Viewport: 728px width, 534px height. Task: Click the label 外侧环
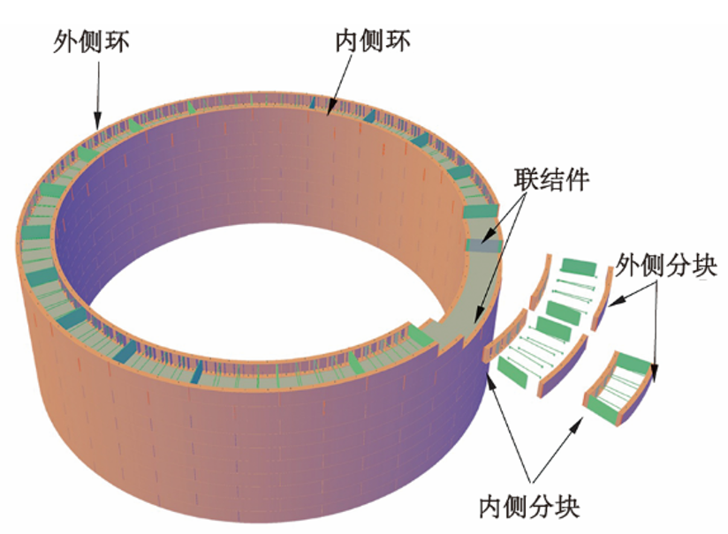pyautogui.click(x=92, y=42)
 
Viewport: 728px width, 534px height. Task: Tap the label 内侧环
pyautogui.click(x=374, y=41)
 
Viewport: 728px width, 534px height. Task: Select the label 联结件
pyautogui.click(x=551, y=179)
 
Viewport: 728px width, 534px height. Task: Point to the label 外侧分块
pyautogui.click(x=666, y=266)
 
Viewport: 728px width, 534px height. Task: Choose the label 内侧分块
pyautogui.click(x=530, y=508)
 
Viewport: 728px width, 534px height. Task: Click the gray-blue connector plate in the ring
pyautogui.click(x=483, y=245)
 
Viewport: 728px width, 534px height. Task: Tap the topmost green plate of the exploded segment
pyautogui.click(x=580, y=267)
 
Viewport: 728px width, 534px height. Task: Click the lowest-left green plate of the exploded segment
pyautogui.click(x=513, y=372)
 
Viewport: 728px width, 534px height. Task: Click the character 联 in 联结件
pyautogui.click(x=526, y=179)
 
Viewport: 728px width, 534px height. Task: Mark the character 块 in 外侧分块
pyautogui.click(x=705, y=266)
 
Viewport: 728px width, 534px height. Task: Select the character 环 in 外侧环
pyautogui.click(x=118, y=42)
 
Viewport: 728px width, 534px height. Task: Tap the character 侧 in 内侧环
pyautogui.click(x=374, y=41)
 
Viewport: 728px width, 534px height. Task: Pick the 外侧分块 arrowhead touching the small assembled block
pyautogui.click(x=655, y=372)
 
